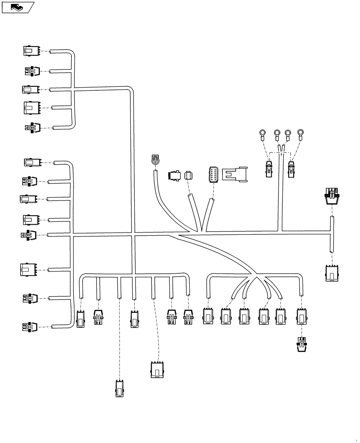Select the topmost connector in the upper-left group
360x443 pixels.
point(31,51)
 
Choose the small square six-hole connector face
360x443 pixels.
point(189,175)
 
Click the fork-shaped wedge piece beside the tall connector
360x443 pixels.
point(235,174)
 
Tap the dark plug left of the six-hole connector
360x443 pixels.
point(174,175)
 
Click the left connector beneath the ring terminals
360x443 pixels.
point(269,169)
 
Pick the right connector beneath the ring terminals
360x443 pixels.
point(292,169)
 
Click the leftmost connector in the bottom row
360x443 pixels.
point(81,319)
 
